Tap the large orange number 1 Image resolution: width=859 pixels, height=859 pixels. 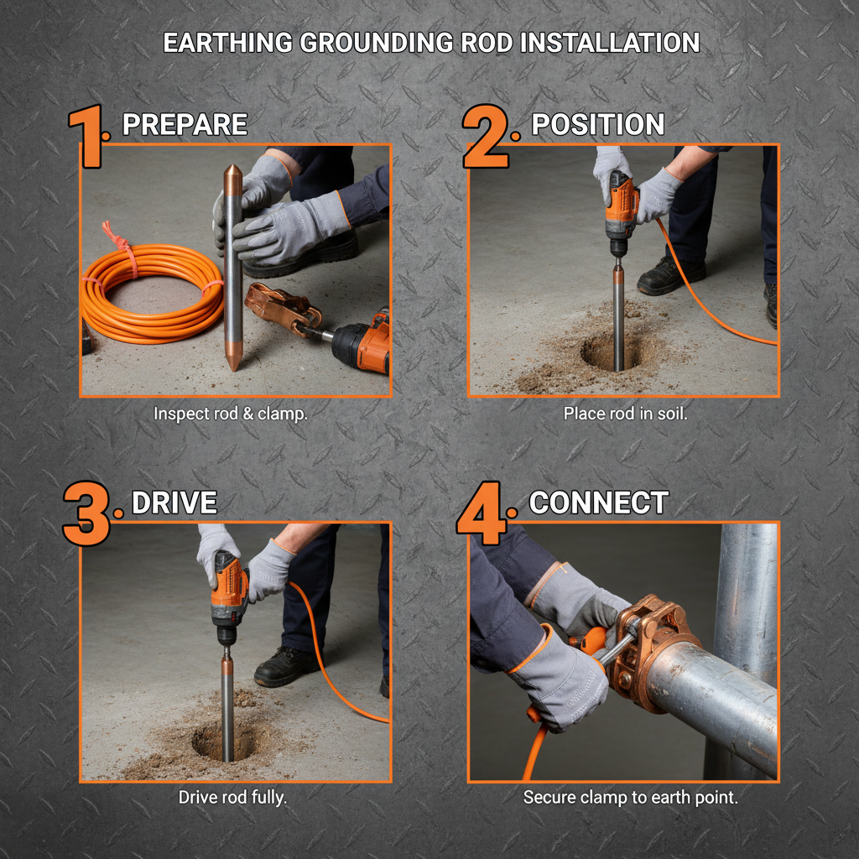coord(87,136)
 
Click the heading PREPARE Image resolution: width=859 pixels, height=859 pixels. coord(185,125)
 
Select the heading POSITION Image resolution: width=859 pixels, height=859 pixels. coord(597,125)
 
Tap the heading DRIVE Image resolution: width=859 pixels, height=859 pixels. coord(174,503)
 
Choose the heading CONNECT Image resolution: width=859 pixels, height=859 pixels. coord(598,503)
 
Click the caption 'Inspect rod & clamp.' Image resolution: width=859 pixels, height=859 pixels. coord(231,414)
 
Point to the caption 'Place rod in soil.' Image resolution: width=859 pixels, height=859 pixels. coord(625,414)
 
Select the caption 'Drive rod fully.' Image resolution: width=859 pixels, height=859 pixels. coord(232,797)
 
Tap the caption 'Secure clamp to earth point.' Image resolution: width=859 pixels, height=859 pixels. coord(630,797)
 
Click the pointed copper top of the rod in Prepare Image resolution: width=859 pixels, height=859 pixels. coord(233,178)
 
